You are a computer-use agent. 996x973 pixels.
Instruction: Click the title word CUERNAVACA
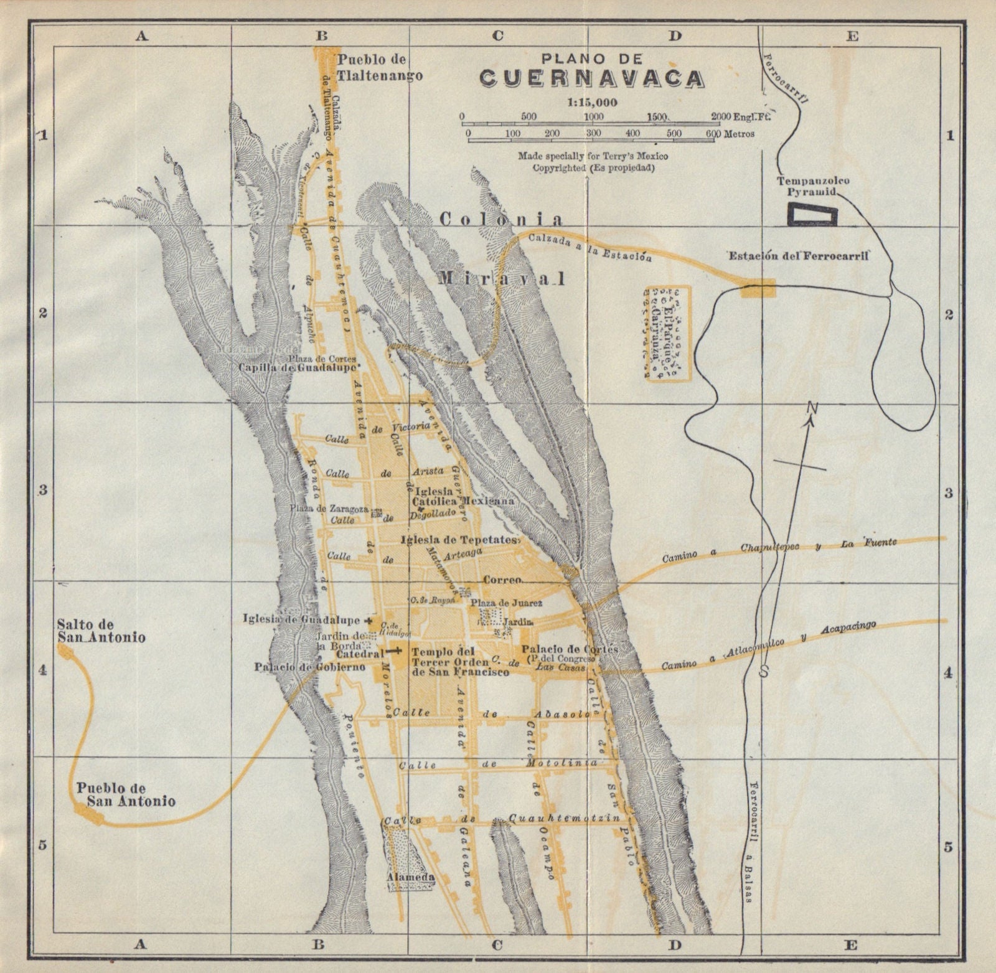[x=592, y=78]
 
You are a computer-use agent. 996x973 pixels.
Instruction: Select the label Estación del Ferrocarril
[x=799, y=255]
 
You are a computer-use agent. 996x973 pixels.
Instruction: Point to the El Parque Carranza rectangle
[x=668, y=332]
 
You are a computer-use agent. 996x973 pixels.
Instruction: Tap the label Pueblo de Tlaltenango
[x=380, y=67]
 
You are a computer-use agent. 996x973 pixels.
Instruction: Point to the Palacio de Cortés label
[x=570, y=649]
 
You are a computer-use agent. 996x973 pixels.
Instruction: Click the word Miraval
[x=502, y=278]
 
